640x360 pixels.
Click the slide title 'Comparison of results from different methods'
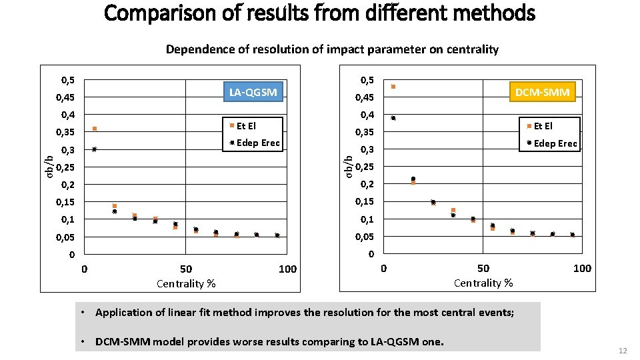[320, 13]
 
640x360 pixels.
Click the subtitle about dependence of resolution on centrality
[331, 49]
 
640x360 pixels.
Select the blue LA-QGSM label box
[253, 92]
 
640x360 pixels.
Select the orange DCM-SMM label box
[543, 93]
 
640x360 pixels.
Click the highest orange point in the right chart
[393, 87]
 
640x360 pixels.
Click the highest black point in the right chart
[393, 118]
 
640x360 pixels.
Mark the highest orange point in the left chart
[95, 129]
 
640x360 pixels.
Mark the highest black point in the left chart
[95, 149]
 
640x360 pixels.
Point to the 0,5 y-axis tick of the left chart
[67, 81]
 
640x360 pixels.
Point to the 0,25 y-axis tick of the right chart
[365, 167]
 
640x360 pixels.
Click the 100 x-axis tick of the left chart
[287, 269]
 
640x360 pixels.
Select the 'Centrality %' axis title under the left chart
[186, 284]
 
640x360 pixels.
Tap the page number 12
[623, 351]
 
